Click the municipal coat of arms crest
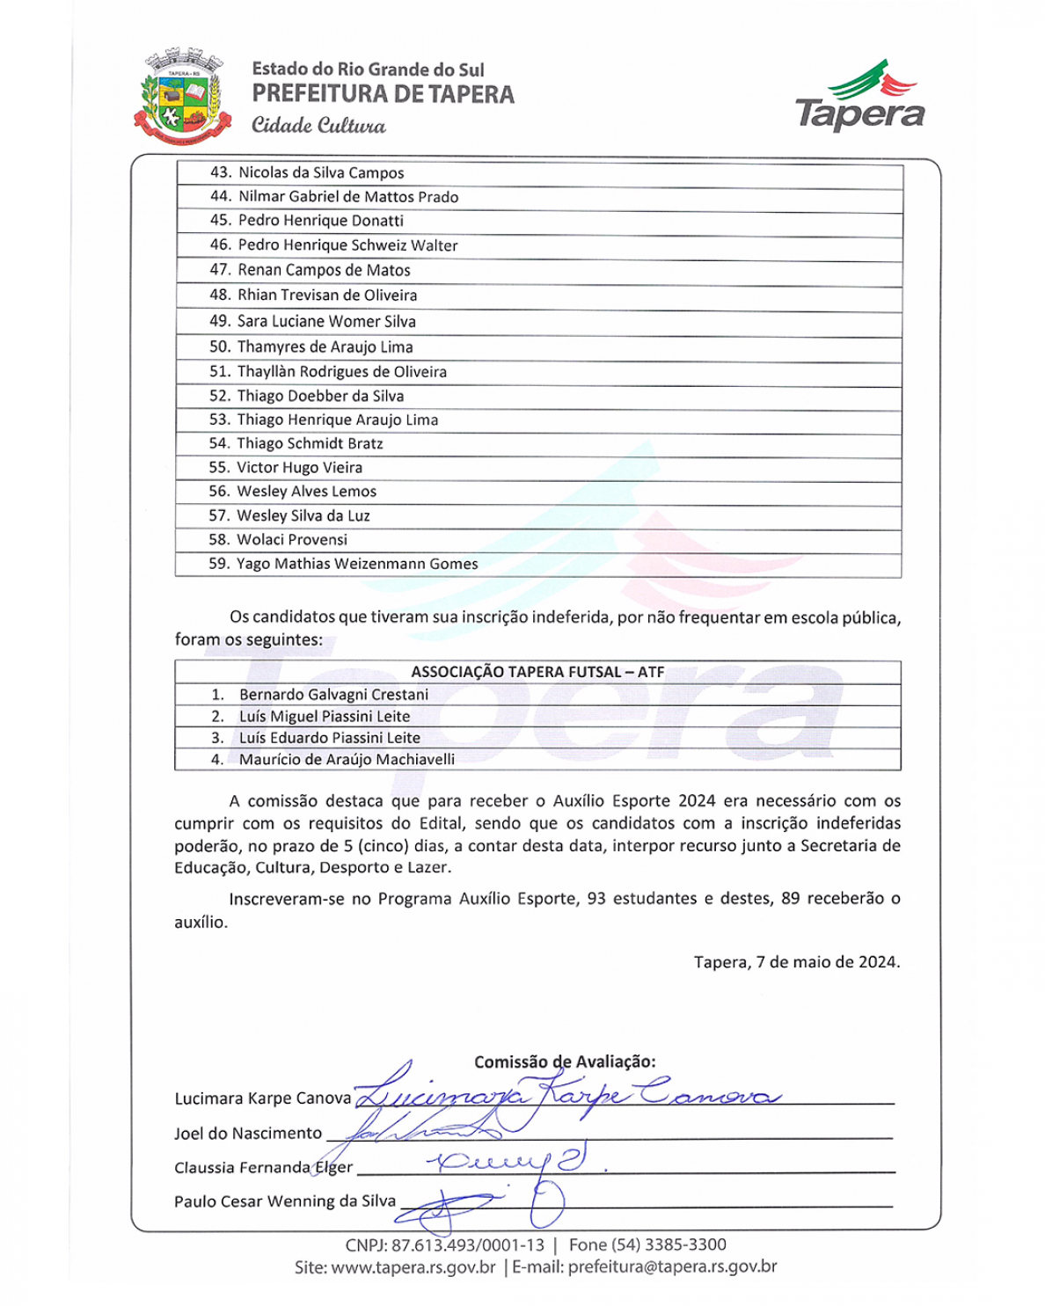(183, 98)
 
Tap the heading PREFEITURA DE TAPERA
(383, 94)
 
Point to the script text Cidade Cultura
(318, 125)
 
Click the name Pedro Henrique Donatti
(321, 221)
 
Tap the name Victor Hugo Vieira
(299, 468)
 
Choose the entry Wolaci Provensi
(292, 540)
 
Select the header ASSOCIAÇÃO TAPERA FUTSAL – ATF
(537, 672)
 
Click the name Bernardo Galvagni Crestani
(333, 695)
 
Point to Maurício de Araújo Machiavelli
(347, 759)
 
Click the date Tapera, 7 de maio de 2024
(796, 962)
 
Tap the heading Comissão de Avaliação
(565, 1062)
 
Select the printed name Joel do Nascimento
(248, 1134)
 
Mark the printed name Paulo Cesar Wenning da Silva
(285, 1201)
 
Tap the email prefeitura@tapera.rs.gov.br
(672, 1267)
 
